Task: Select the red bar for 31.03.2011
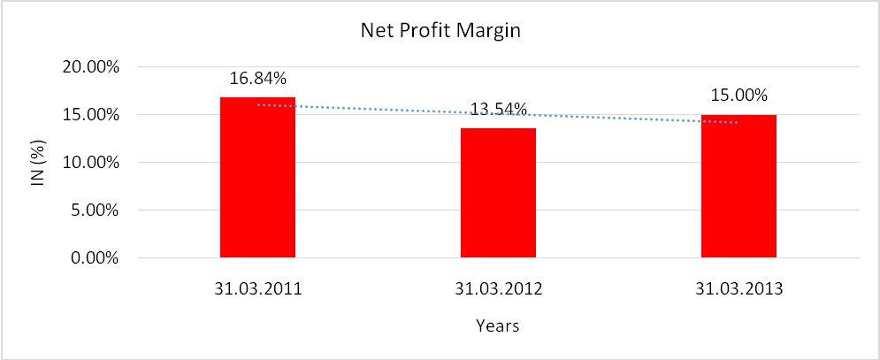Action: (257, 178)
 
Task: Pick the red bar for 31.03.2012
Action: (498, 194)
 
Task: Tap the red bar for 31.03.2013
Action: (738, 187)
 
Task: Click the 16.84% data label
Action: (257, 78)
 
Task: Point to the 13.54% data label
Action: (498, 110)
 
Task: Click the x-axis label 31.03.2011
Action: (257, 287)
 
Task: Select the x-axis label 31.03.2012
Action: (498, 287)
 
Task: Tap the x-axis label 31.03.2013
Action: (738, 287)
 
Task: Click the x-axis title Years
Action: (497, 326)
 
